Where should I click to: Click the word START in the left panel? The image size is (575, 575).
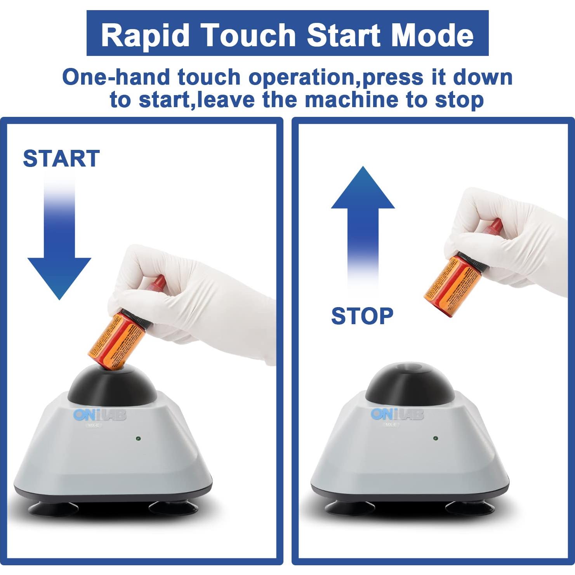point(61,158)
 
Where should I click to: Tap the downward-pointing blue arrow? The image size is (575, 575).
point(59,252)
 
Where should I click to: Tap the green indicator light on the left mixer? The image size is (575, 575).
point(138,439)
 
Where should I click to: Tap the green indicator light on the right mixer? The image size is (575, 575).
point(435,438)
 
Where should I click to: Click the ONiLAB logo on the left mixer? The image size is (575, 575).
point(100,415)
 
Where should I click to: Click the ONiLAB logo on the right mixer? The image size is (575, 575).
point(397,414)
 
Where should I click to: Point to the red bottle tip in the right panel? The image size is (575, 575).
point(494,225)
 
